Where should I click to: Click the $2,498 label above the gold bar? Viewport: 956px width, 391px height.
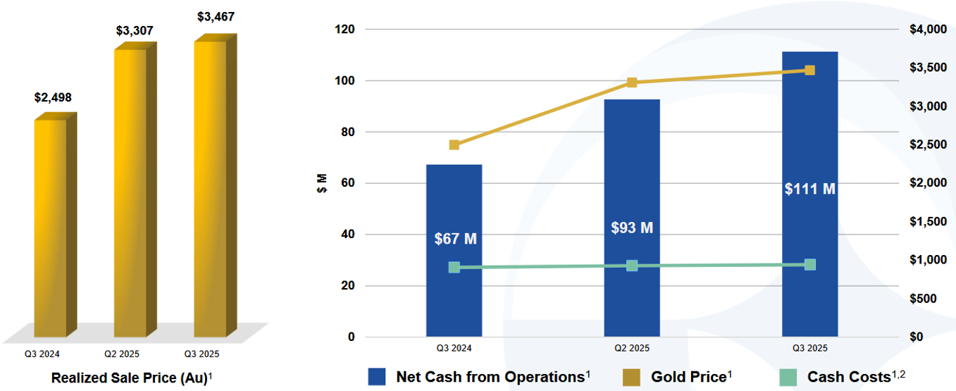(53, 97)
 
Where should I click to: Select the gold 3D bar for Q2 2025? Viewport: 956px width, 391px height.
(130, 190)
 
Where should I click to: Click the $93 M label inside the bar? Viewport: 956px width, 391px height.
(632, 228)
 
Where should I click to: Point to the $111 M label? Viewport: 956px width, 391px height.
(809, 189)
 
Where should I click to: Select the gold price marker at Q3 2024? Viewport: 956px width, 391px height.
(454, 145)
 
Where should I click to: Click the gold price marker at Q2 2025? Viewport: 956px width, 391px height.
(632, 82)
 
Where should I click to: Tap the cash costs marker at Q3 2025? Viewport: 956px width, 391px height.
(810, 265)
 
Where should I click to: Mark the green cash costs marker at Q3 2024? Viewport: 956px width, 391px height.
(454, 268)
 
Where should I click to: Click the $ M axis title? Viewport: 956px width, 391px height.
(322, 182)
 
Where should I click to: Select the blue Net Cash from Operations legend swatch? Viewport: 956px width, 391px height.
(377, 377)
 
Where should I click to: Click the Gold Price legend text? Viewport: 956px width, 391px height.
(688, 377)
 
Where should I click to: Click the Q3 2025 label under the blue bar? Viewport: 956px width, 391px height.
(809, 348)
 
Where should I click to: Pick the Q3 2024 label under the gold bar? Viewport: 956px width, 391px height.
(39, 353)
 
